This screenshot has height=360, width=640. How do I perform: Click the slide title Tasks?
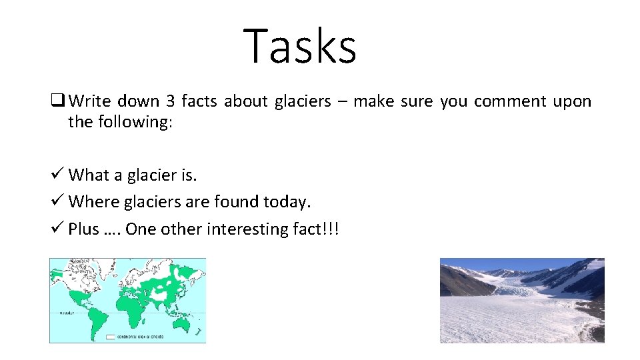[x=300, y=46]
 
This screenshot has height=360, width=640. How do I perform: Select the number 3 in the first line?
[x=170, y=101]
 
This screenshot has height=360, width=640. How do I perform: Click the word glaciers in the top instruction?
[x=304, y=101]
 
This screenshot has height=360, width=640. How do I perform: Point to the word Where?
[x=90, y=201]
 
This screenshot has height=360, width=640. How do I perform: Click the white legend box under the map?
[x=110, y=337]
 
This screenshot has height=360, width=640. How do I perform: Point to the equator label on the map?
[x=66, y=312]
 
